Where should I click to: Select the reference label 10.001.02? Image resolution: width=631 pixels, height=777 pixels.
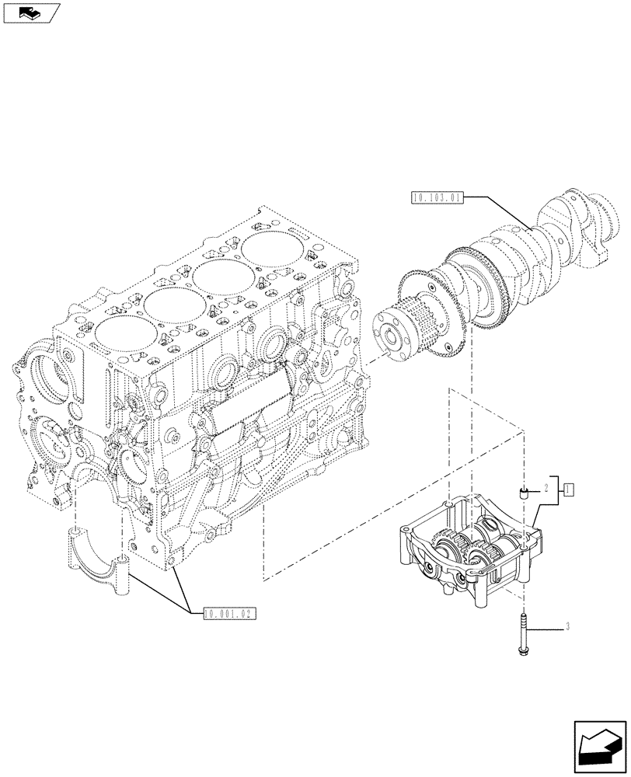(228, 613)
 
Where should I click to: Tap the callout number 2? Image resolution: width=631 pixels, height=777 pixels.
(547, 489)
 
